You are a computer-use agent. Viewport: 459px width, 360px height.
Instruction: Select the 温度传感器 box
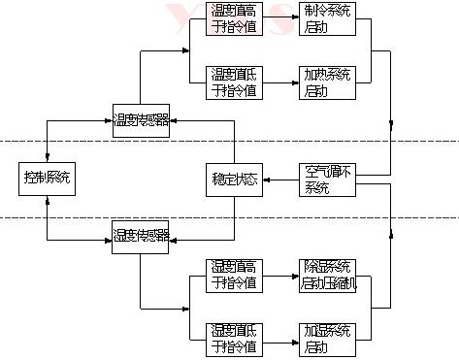tap(141, 121)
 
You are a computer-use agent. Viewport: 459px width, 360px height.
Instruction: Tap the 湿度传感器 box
tap(141, 236)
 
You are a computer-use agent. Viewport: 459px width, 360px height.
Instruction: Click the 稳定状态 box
tap(234, 180)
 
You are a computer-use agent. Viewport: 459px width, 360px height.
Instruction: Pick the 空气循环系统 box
tap(329, 180)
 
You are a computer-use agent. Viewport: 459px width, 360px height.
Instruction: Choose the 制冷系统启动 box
tap(329, 18)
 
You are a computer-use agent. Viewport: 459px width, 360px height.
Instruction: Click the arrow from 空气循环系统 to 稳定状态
tap(281, 180)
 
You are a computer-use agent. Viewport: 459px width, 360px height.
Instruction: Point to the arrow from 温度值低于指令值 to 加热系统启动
tap(281, 82)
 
